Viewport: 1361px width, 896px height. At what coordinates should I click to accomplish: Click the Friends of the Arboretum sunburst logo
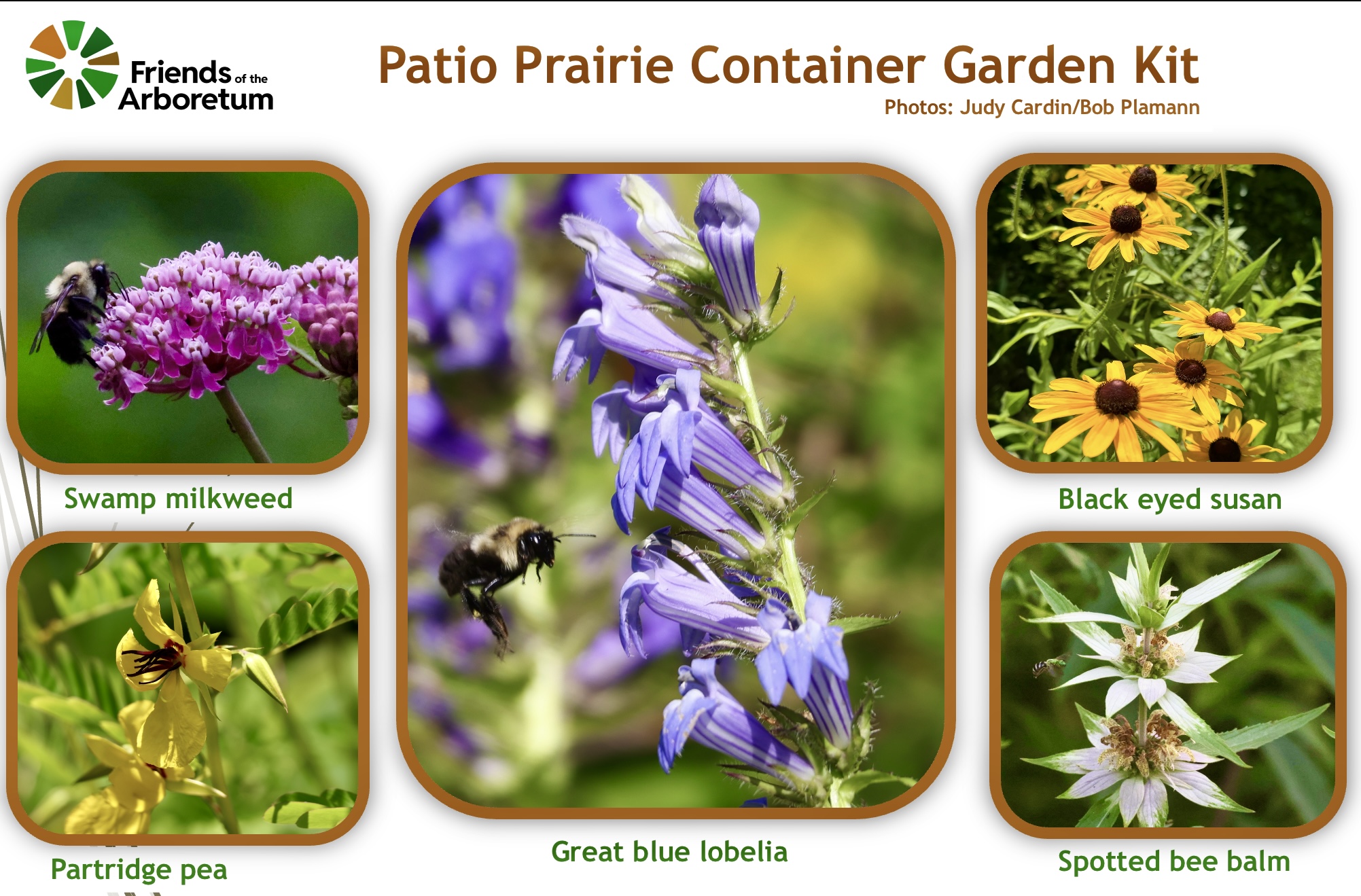(72, 65)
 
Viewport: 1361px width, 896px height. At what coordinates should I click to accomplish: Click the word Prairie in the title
(594, 65)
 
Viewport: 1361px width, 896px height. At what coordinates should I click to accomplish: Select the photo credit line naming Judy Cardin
(1042, 107)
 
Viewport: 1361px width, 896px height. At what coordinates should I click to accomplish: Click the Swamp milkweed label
(178, 499)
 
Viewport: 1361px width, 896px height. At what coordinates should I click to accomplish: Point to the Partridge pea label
(139, 870)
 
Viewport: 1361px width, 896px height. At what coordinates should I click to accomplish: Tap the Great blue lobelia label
(669, 852)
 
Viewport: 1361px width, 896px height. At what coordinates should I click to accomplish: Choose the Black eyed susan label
(1169, 500)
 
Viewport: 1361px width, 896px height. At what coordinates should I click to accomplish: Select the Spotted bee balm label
(1173, 862)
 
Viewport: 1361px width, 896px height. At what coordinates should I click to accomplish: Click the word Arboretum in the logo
(196, 99)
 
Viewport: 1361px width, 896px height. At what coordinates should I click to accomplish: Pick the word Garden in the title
(1029, 65)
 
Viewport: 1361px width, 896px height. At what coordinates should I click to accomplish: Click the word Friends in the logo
(181, 71)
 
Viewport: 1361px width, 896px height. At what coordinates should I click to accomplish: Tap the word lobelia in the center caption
(744, 852)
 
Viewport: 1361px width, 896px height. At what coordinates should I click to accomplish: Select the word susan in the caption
(1245, 500)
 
